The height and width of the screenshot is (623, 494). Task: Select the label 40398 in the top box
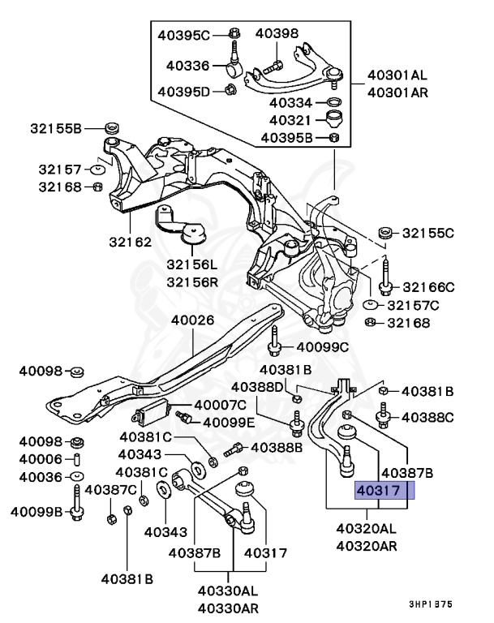click(x=277, y=33)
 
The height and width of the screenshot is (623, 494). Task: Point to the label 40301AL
click(x=397, y=75)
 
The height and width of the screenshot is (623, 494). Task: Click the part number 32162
click(x=131, y=242)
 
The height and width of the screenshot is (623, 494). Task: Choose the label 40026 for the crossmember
click(x=192, y=320)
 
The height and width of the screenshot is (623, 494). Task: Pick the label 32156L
click(x=192, y=265)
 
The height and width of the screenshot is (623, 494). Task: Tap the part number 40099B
click(x=37, y=512)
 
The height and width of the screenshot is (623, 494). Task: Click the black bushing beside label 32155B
click(x=112, y=128)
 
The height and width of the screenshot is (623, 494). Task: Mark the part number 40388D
click(x=258, y=387)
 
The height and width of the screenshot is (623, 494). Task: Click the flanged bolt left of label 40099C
click(x=276, y=346)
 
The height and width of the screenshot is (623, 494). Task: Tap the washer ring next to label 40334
click(x=332, y=102)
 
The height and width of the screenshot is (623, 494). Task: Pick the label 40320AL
click(x=367, y=528)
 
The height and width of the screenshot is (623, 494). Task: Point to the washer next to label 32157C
click(x=370, y=306)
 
